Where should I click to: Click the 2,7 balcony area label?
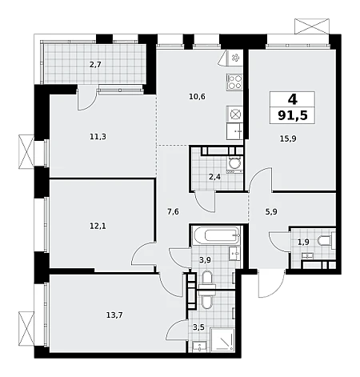pyautogui.click(x=95, y=65)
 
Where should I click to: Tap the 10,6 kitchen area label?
pyautogui.click(x=197, y=97)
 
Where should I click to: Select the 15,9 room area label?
pyautogui.click(x=288, y=138)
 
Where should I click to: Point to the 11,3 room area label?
pyautogui.click(x=98, y=137)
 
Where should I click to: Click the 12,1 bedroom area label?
pyautogui.click(x=98, y=227)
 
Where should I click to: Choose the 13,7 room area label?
pyautogui.click(x=114, y=315)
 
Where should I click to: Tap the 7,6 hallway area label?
pyautogui.click(x=173, y=212)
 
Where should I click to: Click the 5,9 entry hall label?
pyautogui.click(x=271, y=212)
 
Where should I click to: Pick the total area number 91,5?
pyautogui.click(x=293, y=115)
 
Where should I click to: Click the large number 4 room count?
pyautogui.click(x=293, y=99)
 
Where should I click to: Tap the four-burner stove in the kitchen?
pyautogui.click(x=234, y=82)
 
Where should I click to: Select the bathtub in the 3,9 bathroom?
pyautogui.click(x=216, y=235)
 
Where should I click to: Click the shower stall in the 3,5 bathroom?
pyautogui.click(x=222, y=339)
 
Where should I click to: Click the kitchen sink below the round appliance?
pyautogui.click(x=234, y=131)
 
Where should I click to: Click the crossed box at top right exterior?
pyautogui.click(x=312, y=26)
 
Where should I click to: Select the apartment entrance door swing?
pyautogui.click(x=270, y=283)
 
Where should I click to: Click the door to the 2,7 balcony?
pyautogui.click(x=86, y=98)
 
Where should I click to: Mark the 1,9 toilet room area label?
pyautogui.click(x=303, y=242)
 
